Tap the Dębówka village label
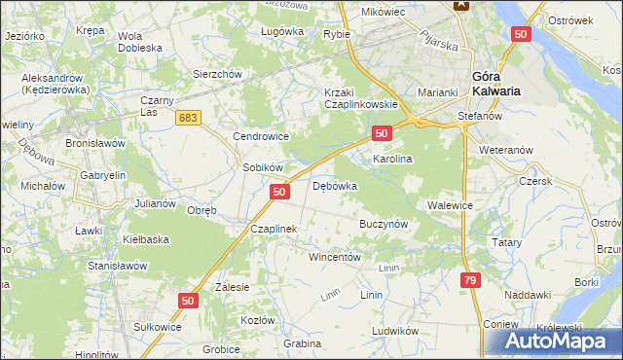click(x=335, y=185)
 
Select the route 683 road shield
click(x=189, y=118)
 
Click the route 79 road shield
click(x=470, y=280)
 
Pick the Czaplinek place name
click(x=273, y=229)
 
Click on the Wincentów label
click(x=335, y=258)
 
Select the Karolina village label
click(x=393, y=158)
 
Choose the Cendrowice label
click(x=258, y=137)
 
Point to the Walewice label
click(x=450, y=206)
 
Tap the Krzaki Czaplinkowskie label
click(x=359, y=98)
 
